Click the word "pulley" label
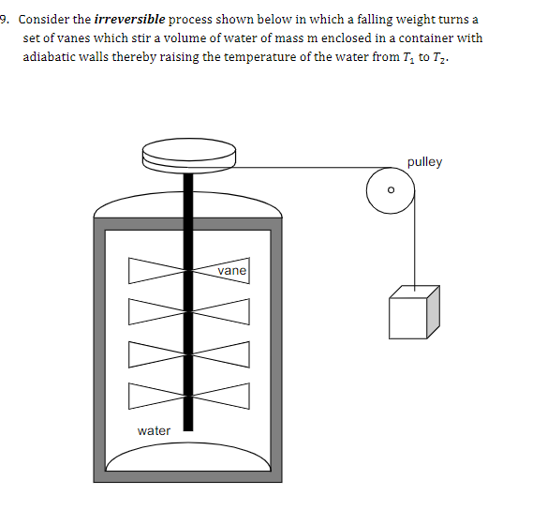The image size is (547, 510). point(424,162)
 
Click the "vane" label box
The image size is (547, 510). point(231,271)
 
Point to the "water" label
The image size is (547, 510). point(154,430)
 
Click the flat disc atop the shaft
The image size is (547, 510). point(188,155)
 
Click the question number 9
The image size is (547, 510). point(4,20)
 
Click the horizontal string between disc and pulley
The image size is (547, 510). point(300,169)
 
